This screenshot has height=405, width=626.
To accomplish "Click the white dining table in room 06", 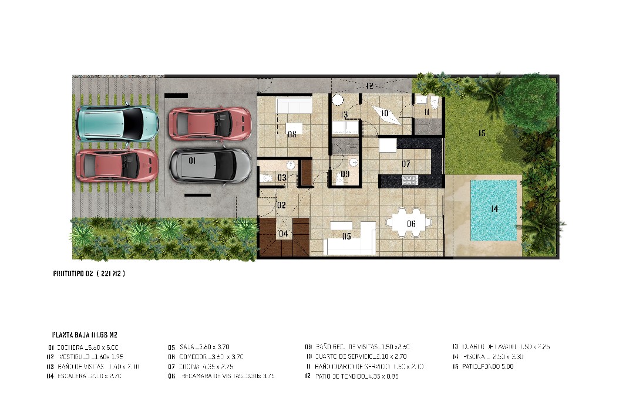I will [x=409, y=223].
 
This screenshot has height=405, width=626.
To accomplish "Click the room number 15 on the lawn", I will [x=482, y=134].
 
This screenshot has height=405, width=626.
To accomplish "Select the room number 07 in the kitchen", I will [x=406, y=163].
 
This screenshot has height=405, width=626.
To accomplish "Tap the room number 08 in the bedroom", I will [x=292, y=134].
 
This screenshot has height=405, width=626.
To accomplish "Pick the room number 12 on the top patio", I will [x=369, y=86].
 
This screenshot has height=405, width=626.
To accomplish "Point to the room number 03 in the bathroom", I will [x=282, y=177].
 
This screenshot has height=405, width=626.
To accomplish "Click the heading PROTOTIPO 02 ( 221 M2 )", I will [x=89, y=274].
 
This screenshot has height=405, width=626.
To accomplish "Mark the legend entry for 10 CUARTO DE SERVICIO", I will [x=356, y=356].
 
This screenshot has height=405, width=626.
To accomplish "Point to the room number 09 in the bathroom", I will [x=345, y=174].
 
